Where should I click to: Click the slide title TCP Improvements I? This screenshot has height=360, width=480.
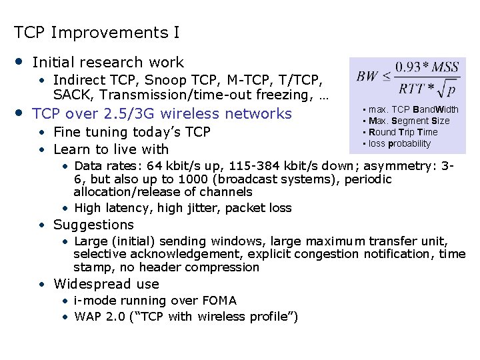(96, 32)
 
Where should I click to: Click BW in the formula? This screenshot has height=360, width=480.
(368, 75)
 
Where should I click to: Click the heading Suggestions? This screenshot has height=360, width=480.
(93, 225)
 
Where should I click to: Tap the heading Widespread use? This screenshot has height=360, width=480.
(106, 284)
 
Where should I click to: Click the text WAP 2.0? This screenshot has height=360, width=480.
(99, 316)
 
